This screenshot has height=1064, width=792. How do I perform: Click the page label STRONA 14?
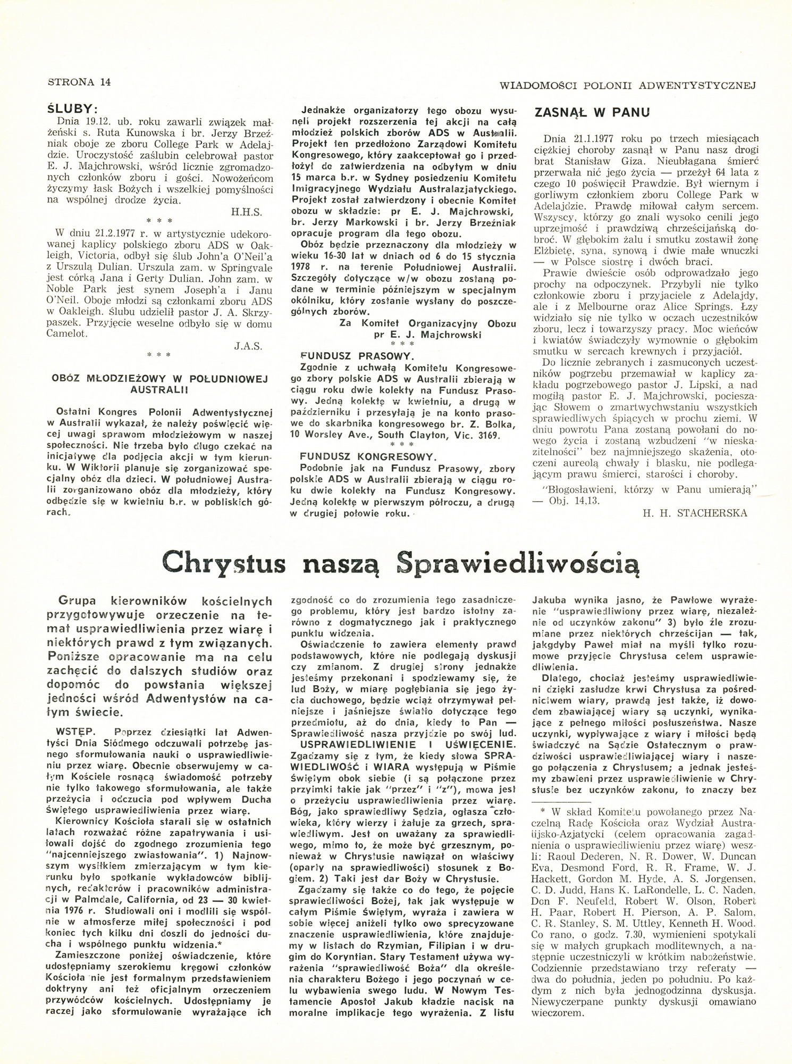79,82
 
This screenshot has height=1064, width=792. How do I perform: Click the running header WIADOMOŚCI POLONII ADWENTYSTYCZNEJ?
628,85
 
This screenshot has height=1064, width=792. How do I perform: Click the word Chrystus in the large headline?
224,563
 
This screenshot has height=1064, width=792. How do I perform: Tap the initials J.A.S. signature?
249,346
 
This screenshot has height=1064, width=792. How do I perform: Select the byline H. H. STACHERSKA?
695,513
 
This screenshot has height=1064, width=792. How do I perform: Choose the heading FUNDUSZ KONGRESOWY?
368,457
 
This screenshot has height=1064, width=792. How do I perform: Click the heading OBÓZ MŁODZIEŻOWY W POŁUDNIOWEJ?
159,379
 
